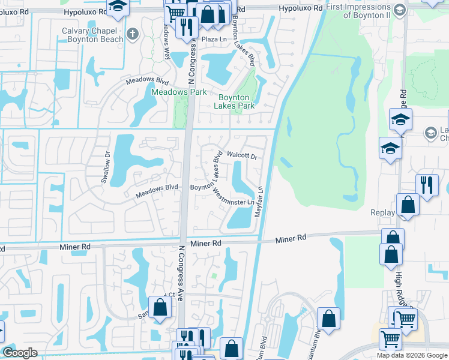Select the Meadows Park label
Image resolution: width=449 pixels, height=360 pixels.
pos(179,92)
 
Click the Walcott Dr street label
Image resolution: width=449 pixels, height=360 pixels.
pos(241,156)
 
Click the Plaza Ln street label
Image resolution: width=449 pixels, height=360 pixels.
pos(212,39)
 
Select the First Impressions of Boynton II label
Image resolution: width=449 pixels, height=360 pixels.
pos(367,10)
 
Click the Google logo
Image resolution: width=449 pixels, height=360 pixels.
pos(20,353)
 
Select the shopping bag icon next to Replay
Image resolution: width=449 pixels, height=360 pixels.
pos(408,205)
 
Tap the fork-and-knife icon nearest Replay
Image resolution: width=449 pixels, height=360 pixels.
pos(427,184)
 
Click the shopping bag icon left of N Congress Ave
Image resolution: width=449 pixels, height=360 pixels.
pos(160,308)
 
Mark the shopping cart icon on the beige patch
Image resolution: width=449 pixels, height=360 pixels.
pos(391,339)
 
